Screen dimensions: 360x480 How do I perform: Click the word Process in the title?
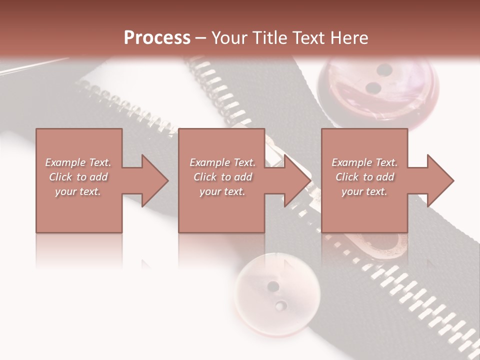(x=157, y=38)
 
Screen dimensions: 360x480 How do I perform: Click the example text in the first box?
(x=78, y=177)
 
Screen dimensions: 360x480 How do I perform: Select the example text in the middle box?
(x=222, y=177)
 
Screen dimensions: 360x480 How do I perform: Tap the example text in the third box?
(x=364, y=177)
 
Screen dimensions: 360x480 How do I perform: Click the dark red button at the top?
(x=378, y=87)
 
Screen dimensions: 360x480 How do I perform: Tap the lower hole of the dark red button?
(x=373, y=88)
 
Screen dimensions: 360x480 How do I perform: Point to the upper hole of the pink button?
(x=273, y=286)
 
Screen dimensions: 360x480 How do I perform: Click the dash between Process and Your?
(x=200, y=38)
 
